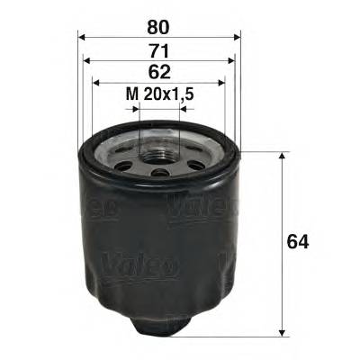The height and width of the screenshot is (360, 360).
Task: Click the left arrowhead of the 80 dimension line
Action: (x=82, y=37)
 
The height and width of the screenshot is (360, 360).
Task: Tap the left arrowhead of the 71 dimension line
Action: (x=86, y=61)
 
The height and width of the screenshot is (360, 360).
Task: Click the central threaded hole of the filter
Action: (x=159, y=148)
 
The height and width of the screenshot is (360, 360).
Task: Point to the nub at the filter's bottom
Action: (x=160, y=321)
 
